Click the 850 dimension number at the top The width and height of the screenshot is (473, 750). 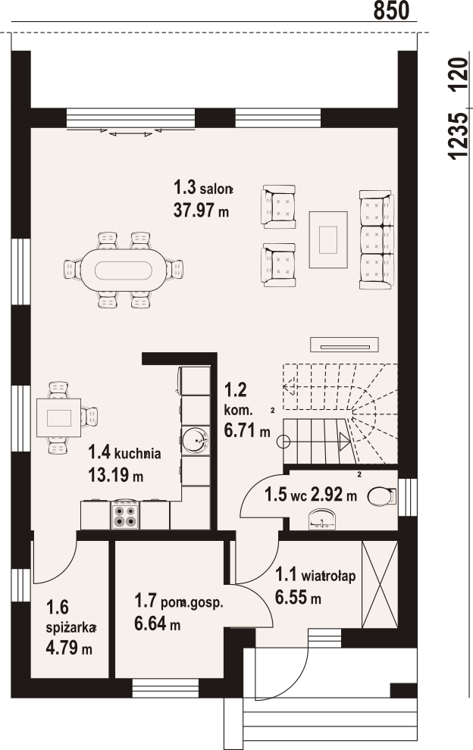tap(391, 11)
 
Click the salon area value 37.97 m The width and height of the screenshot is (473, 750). tap(201, 210)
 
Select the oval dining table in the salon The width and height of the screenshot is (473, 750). tap(123, 270)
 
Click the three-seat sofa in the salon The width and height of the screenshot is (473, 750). tap(377, 239)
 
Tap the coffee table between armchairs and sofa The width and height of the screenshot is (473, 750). tap(328, 239)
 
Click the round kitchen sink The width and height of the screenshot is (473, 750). tap(196, 440)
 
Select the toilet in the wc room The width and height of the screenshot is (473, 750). tap(382, 496)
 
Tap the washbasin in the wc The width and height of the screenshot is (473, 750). tap(322, 520)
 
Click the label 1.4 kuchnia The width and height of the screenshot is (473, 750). tap(124, 452)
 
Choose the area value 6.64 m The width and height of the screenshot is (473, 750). tap(157, 623)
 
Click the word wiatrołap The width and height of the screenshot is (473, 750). tap(328, 577)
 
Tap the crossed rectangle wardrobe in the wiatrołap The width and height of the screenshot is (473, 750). tap(380, 584)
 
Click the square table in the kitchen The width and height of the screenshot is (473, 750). tap(58, 417)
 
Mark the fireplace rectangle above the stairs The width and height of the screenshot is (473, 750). tap(344, 344)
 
